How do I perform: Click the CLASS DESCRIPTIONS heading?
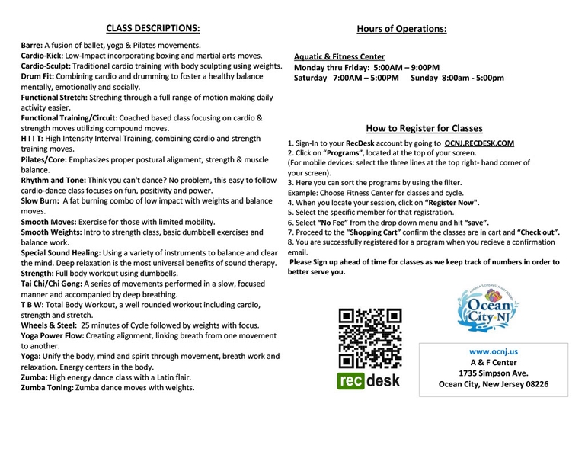point(153,29)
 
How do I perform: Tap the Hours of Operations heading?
point(401,29)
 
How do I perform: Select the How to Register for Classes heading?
point(424,129)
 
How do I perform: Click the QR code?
point(369,337)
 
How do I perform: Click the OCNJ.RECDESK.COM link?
point(479,143)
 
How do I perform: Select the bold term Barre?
point(32,46)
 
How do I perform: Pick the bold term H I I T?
point(37,139)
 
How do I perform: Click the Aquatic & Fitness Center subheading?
point(339,56)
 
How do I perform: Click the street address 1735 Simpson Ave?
point(494,373)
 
